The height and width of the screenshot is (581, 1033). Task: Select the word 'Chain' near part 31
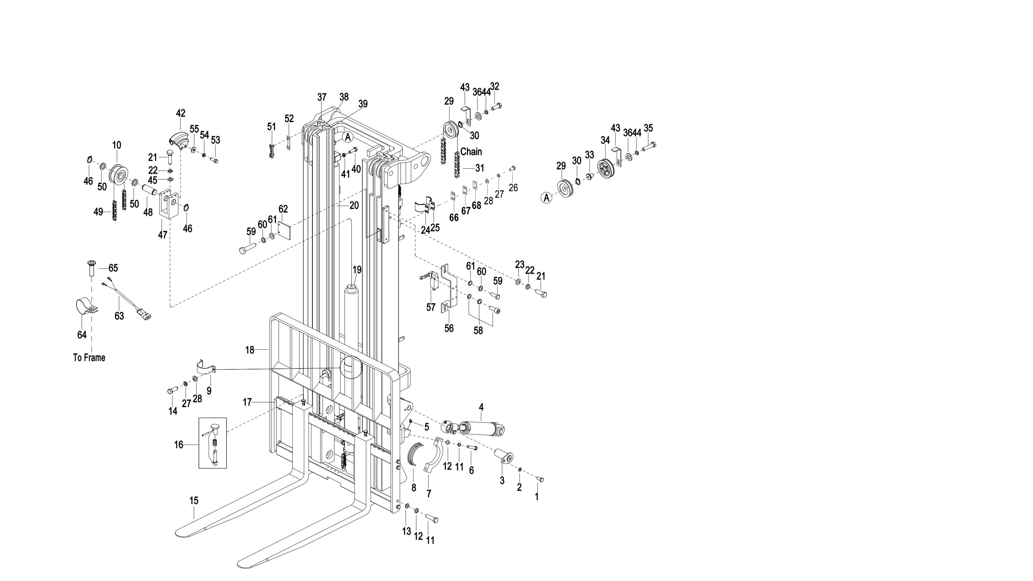(471, 151)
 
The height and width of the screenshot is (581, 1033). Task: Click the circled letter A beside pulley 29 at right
(546, 198)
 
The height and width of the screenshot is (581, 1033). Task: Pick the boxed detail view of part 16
(213, 443)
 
